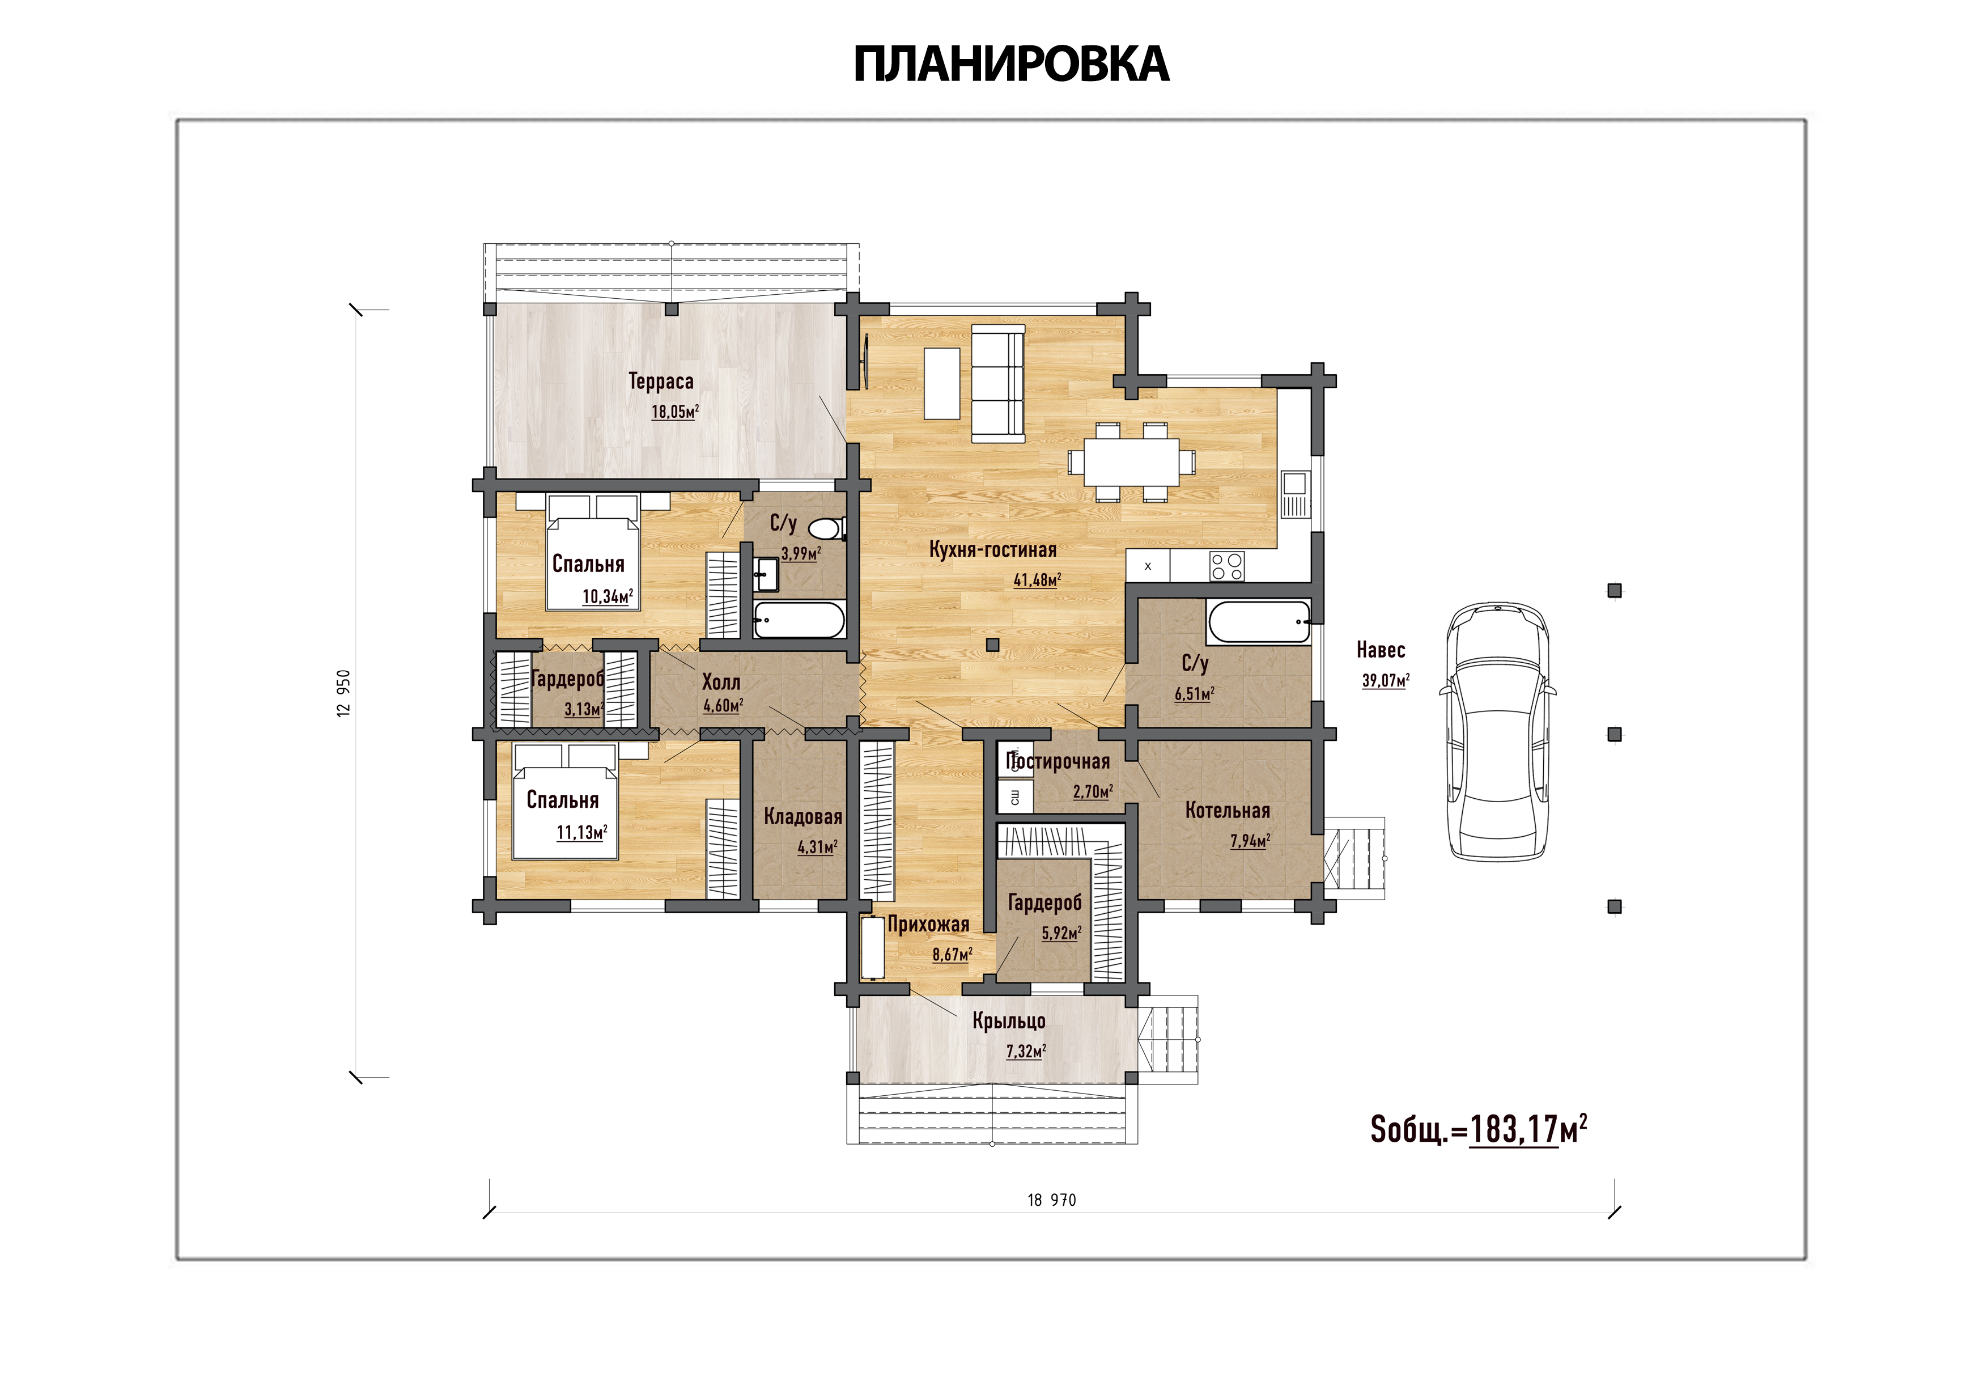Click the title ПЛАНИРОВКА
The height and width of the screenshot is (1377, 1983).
[1011, 64]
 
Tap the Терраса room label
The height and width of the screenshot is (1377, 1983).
[661, 382]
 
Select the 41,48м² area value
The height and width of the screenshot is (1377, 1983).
[1037, 580]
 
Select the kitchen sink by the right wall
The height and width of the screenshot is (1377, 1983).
[1294, 494]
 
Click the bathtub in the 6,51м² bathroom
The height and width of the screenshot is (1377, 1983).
[1259, 622]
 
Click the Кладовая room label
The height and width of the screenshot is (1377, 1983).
[803, 816]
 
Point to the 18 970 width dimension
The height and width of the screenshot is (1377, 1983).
[1051, 1200]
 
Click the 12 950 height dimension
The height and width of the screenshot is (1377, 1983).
[344, 693]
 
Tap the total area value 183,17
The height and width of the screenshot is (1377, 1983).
[1514, 1129]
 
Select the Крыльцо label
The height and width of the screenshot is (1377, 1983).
[1009, 1022]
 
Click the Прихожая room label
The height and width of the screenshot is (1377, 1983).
[928, 925]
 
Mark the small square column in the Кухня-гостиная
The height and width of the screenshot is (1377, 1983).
[993, 645]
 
